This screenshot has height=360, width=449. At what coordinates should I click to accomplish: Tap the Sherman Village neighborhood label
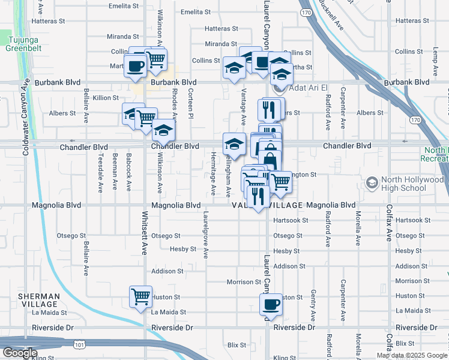click(38, 300)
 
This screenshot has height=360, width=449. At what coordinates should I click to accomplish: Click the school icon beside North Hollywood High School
click(372, 181)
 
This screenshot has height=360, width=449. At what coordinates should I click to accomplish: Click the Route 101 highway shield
click(79, 344)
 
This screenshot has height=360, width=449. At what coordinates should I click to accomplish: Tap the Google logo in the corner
click(20, 353)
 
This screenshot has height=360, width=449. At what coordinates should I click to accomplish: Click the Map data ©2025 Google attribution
click(412, 355)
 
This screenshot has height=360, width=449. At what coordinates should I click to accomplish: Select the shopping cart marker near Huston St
click(140, 296)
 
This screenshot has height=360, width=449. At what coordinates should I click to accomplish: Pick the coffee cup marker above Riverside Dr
click(270, 304)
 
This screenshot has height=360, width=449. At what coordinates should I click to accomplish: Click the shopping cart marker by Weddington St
click(280, 181)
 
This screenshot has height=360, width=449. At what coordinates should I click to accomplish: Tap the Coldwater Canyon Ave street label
click(26, 117)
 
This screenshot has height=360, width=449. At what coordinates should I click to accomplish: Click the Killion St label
click(106, 97)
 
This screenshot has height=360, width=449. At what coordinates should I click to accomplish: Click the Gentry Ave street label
click(313, 305)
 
